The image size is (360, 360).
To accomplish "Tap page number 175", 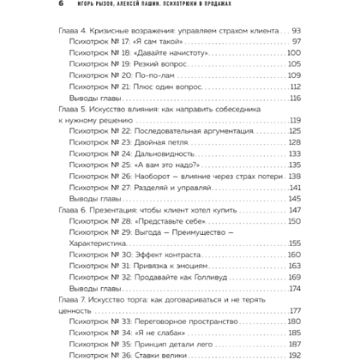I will [x=293, y=287].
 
